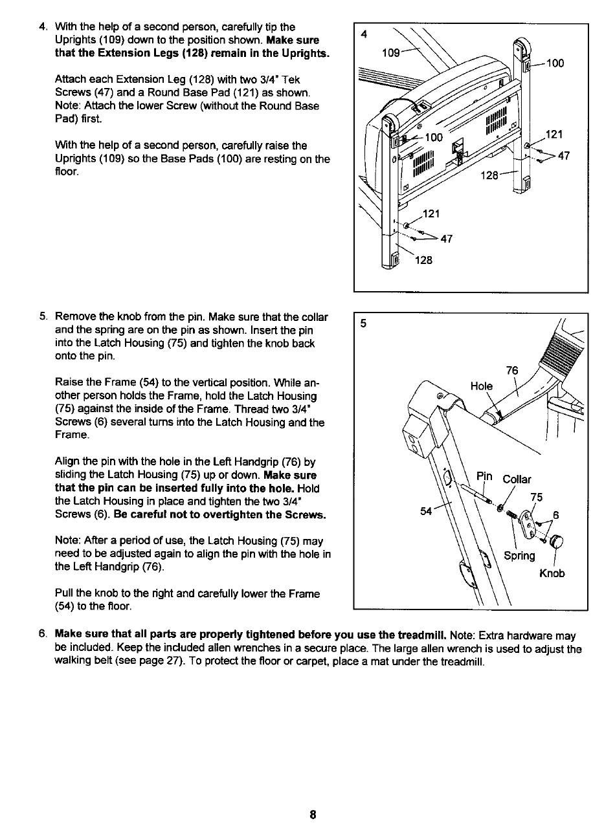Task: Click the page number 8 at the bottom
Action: (312, 815)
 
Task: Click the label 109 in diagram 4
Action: (391, 52)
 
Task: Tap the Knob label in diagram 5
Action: (552, 573)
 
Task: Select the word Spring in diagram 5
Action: (520, 556)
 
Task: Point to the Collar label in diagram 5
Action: (517, 479)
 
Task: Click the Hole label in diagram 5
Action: (482, 386)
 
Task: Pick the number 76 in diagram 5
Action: (512, 371)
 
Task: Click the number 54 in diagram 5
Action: (426, 511)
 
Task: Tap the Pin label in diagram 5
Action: (485, 477)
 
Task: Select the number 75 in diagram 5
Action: (536, 497)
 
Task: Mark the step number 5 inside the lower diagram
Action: (364, 325)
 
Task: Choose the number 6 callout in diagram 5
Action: (555, 516)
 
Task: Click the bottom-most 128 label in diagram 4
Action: (423, 260)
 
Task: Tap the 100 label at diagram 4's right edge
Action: (555, 63)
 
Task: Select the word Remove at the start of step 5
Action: (75, 317)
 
